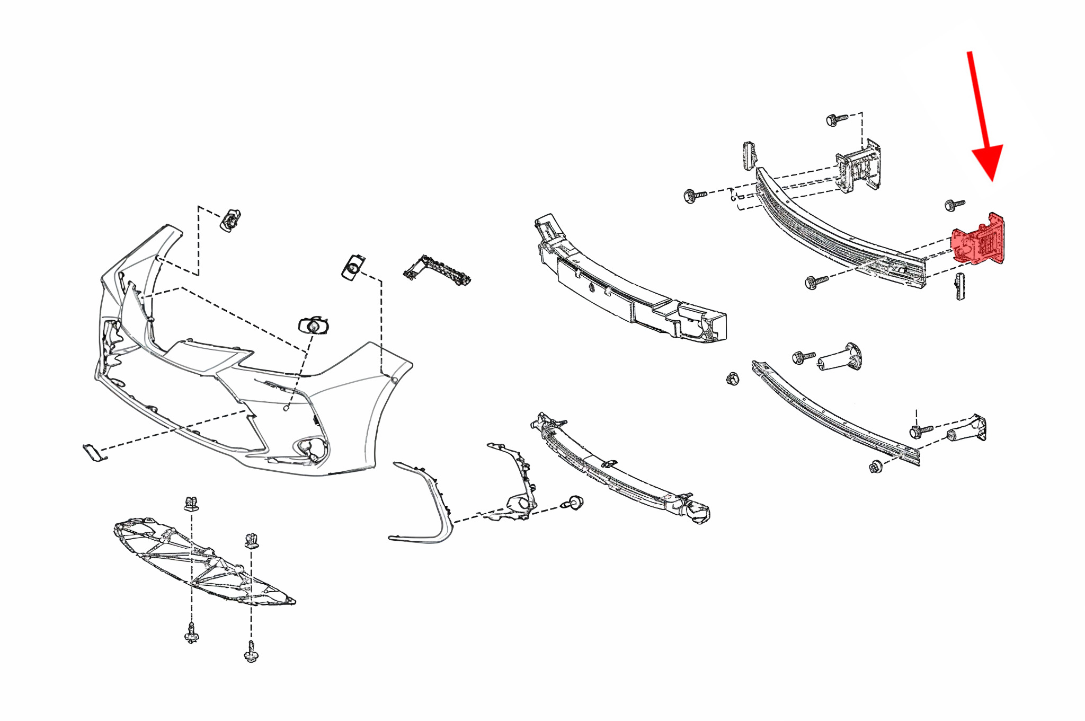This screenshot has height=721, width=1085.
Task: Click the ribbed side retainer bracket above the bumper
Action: [437, 271]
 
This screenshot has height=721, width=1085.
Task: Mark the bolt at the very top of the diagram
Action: [835, 119]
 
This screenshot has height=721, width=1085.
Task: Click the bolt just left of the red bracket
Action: [954, 204]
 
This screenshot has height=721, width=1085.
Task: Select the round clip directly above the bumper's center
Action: [314, 325]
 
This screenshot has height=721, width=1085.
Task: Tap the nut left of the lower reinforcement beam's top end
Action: [733, 378]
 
